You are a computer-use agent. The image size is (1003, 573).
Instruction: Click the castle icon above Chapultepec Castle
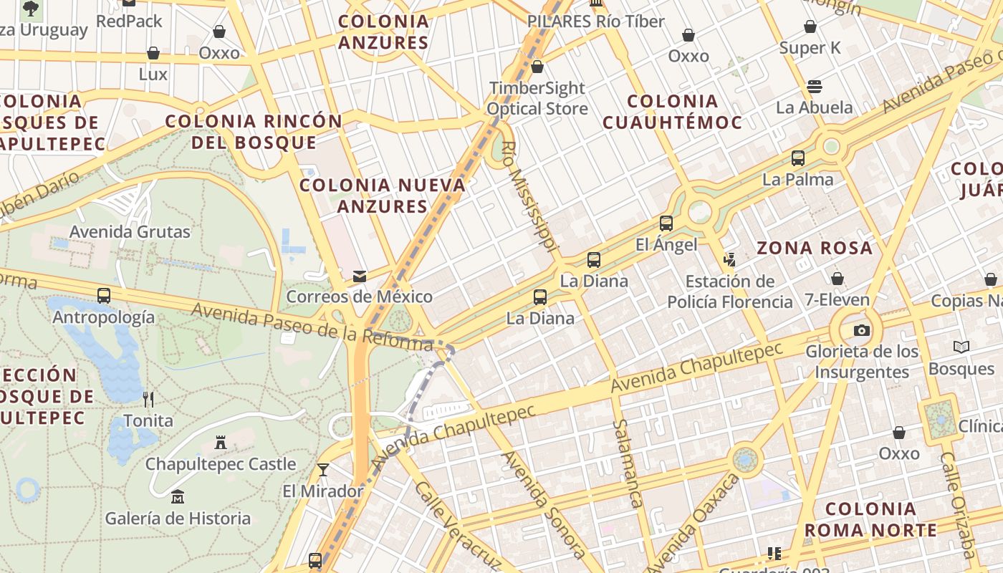point(221,443)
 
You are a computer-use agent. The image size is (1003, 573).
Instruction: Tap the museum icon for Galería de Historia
point(177,496)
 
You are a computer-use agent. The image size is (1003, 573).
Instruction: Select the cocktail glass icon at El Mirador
point(323,470)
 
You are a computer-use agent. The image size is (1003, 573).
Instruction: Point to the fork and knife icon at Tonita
point(148,399)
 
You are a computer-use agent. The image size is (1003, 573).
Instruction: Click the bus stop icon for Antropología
point(104,295)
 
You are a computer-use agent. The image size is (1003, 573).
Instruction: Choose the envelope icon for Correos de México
point(359,276)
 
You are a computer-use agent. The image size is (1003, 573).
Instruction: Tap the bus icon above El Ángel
point(666,223)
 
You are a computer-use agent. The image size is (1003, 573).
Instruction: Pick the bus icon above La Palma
point(797,158)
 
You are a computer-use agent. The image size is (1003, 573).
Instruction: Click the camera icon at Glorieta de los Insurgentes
point(861,330)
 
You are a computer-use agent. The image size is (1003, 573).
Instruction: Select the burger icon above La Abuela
point(814,87)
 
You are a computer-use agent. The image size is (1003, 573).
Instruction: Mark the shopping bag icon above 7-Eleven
point(837,279)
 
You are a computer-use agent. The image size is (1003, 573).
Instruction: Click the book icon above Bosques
point(961,347)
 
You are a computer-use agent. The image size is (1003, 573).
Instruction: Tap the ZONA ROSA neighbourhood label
point(815,249)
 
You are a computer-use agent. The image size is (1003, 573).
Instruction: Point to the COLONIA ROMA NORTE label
point(870,520)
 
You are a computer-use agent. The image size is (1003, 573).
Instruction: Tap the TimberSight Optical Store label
point(537,98)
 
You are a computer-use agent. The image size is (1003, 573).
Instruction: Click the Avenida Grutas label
point(130,231)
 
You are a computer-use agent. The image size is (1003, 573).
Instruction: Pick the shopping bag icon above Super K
point(810,27)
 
